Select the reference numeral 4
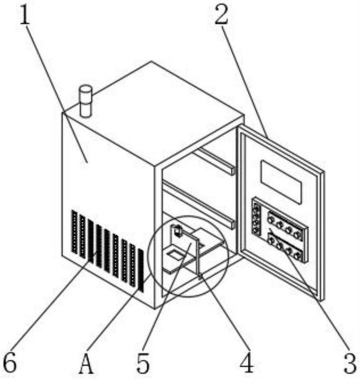247,365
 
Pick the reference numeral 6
10,365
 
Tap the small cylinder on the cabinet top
86,100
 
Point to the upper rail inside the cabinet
216,161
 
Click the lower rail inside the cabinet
199,204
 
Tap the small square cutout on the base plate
174,257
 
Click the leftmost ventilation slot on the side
74,232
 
